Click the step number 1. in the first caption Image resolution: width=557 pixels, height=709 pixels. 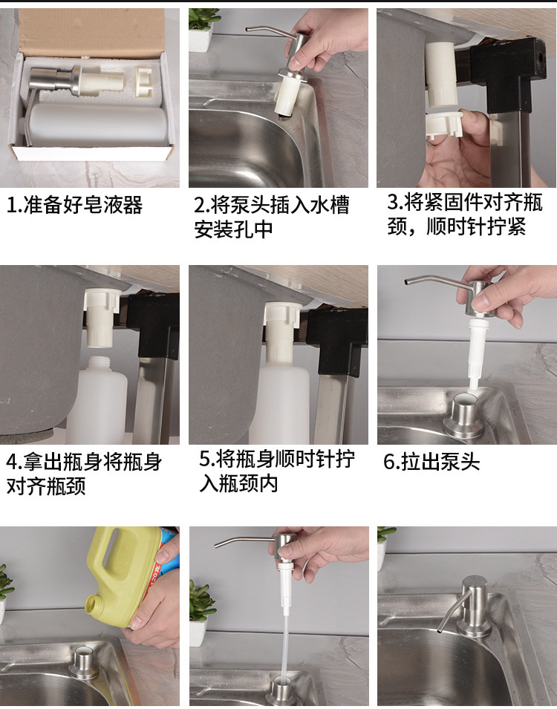13,205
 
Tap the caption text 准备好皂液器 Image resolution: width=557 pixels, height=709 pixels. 82,205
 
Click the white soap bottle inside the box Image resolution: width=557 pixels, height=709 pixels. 94,124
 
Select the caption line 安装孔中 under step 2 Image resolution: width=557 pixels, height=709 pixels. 233,229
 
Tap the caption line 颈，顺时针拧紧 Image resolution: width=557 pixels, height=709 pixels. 457,226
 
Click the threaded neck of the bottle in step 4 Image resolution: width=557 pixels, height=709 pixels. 100,364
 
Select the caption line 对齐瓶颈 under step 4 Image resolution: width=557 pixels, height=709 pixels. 46,486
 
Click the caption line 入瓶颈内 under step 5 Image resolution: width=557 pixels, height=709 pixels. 238,483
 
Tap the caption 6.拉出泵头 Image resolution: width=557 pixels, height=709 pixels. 431,461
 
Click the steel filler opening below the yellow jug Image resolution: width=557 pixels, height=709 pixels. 83,662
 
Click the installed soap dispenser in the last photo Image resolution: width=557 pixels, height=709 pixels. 466,606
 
